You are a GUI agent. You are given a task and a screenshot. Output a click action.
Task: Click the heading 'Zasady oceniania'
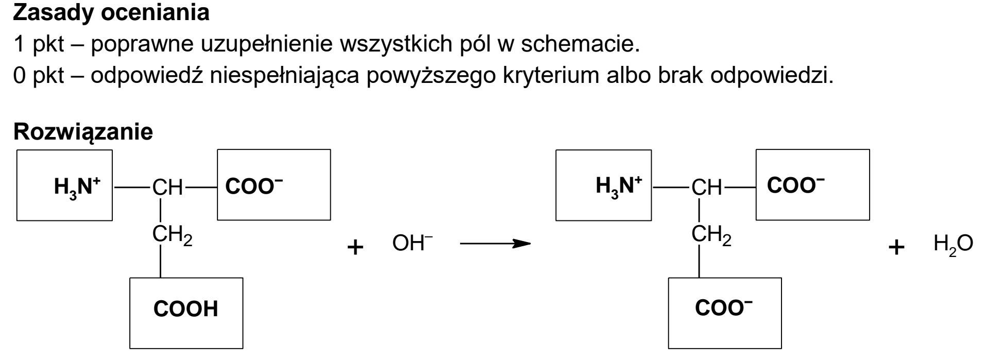[111, 13]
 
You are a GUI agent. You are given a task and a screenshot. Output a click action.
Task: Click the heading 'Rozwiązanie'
[83, 132]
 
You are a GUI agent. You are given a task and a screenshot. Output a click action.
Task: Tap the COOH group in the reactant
[186, 309]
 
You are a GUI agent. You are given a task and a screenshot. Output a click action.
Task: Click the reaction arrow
[495, 243]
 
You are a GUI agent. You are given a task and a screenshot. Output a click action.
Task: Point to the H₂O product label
[953, 244]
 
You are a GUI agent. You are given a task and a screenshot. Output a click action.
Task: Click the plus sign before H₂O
[897, 248]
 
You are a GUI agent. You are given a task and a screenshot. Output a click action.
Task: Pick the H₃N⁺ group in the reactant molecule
[76, 186]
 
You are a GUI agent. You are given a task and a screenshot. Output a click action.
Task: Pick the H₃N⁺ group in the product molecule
[619, 186]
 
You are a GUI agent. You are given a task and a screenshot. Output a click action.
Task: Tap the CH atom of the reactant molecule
[167, 188]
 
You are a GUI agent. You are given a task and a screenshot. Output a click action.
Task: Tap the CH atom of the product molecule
[706, 188]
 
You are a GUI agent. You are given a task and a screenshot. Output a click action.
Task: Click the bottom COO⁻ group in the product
[724, 307]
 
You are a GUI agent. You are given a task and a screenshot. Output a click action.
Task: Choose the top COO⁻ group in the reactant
[254, 186]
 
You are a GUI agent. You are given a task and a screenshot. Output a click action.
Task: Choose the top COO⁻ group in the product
[796, 186]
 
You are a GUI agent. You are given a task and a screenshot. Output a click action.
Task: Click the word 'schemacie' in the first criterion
[580, 45]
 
